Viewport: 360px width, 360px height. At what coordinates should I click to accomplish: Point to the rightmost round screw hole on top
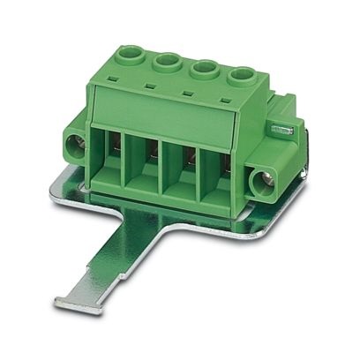tap(239, 77)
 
